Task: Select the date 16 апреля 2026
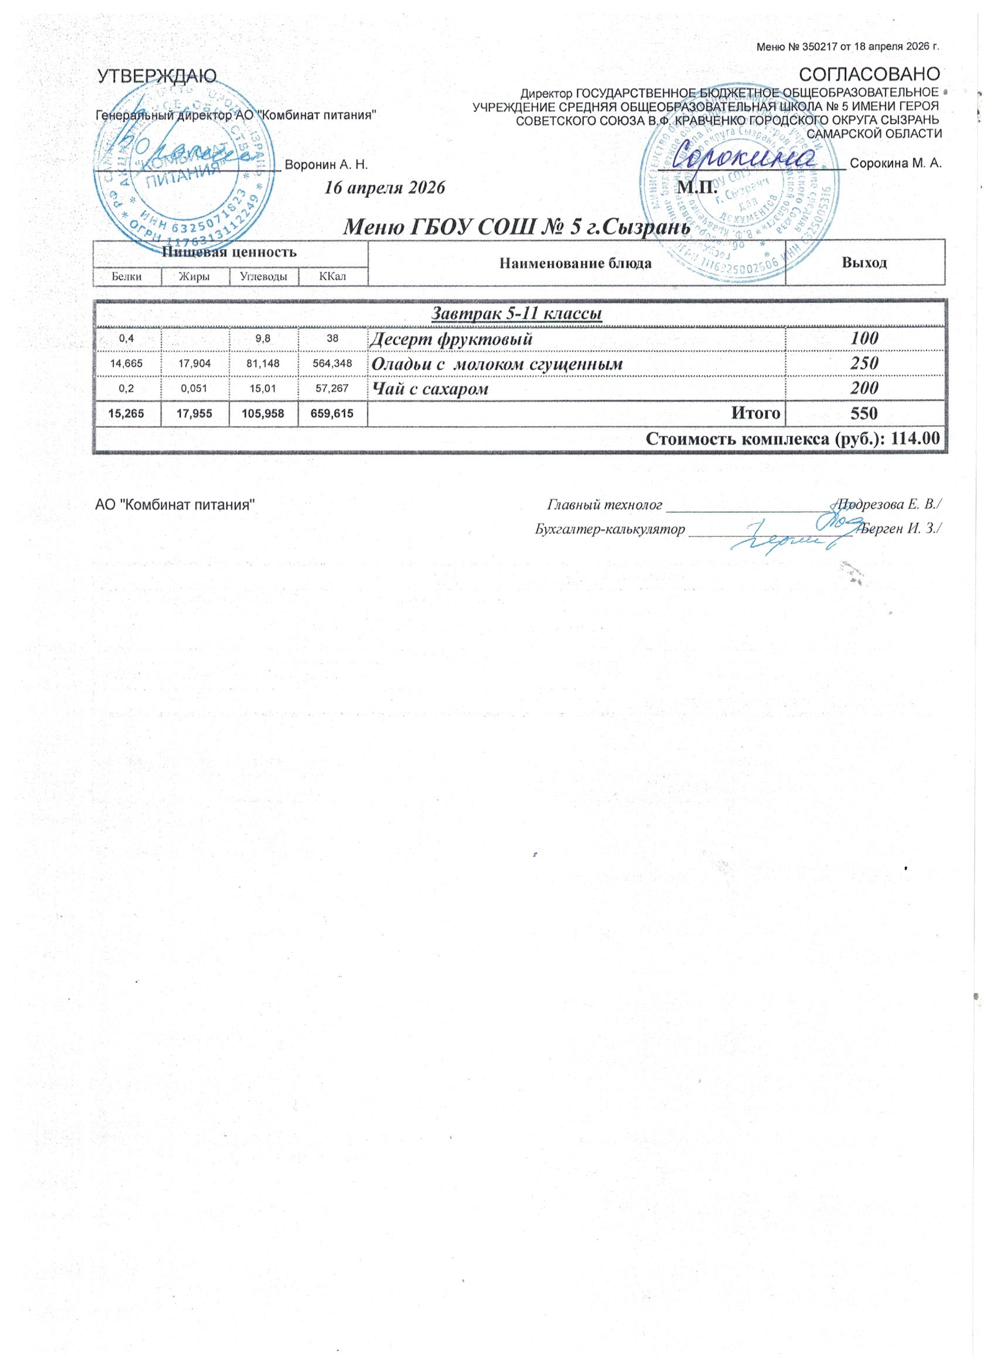(385, 188)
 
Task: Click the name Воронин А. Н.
(326, 164)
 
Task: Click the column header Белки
(127, 276)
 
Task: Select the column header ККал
(332, 276)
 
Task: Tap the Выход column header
(864, 262)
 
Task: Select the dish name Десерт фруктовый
(451, 339)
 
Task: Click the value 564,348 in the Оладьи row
(332, 364)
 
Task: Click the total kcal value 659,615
(332, 413)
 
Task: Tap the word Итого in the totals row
(756, 413)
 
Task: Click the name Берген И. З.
(901, 528)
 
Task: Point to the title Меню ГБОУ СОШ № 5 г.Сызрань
(516, 228)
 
